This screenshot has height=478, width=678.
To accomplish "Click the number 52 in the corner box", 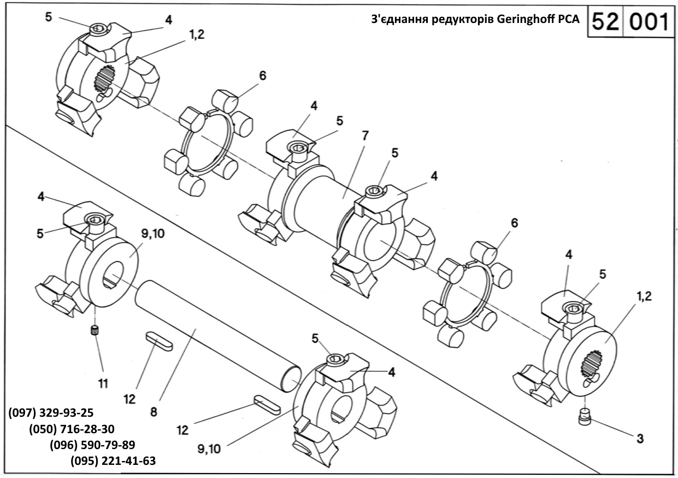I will [604, 22].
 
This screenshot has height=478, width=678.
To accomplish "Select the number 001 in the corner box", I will [649, 22].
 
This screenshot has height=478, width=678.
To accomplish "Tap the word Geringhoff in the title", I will [524, 20].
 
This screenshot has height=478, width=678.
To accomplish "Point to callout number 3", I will [640, 438].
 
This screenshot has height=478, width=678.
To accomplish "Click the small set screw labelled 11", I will [95, 330].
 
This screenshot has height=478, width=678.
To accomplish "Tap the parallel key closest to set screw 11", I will [159, 342].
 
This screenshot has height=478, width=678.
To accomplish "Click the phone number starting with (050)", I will [72, 428].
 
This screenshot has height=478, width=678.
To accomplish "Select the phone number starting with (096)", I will [92, 444].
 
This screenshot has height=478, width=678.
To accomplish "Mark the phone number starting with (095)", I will [113, 460].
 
